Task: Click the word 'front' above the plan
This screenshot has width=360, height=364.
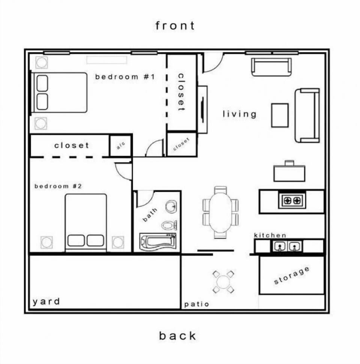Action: click(x=175, y=26)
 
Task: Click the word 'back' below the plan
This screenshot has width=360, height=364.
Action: click(x=177, y=335)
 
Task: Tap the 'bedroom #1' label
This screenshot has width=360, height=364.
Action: click(x=125, y=77)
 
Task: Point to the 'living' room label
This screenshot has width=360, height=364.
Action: click(x=240, y=114)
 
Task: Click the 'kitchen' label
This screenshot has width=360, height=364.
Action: click(x=270, y=235)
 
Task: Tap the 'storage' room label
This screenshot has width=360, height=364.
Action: click(x=292, y=276)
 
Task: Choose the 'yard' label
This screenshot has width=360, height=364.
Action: click(x=46, y=302)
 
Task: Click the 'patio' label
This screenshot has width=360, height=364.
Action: click(x=196, y=304)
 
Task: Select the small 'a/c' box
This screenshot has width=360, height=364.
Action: click(x=120, y=146)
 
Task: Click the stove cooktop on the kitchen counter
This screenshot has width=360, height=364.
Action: click(x=292, y=200)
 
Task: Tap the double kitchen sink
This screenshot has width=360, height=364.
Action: click(x=287, y=247)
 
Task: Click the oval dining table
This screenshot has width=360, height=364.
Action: click(x=220, y=212)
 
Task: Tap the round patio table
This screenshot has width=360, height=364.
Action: click(x=223, y=281)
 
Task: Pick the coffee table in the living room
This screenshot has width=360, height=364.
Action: click(x=280, y=115)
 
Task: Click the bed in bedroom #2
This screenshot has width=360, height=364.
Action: click(x=86, y=221)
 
